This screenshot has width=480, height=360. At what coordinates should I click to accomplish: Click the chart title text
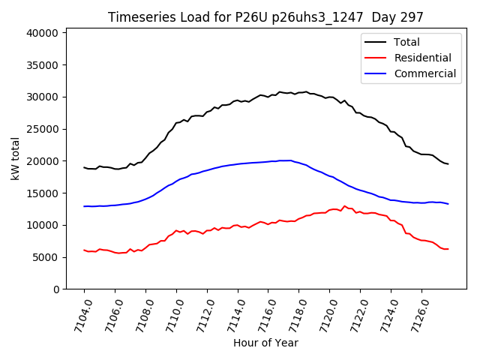[265, 17]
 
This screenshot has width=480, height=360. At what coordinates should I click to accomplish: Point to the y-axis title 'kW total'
[16, 158]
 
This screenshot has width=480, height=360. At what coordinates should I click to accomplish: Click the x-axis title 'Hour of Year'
[265, 343]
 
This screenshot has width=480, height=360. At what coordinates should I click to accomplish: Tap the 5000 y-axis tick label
[45, 257]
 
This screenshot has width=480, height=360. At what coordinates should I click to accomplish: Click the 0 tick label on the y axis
[56, 289]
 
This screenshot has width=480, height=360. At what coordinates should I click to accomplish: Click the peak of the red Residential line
[345, 205]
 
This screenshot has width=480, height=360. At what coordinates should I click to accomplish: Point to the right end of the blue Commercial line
[448, 204]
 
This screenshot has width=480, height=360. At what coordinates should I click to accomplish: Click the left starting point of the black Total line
[84, 167]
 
